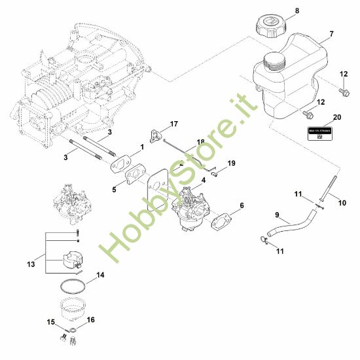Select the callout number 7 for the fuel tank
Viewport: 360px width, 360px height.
331,33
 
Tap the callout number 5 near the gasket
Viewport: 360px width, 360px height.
114,190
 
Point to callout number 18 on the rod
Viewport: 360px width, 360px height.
200,142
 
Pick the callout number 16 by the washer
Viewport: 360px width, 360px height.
91,320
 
